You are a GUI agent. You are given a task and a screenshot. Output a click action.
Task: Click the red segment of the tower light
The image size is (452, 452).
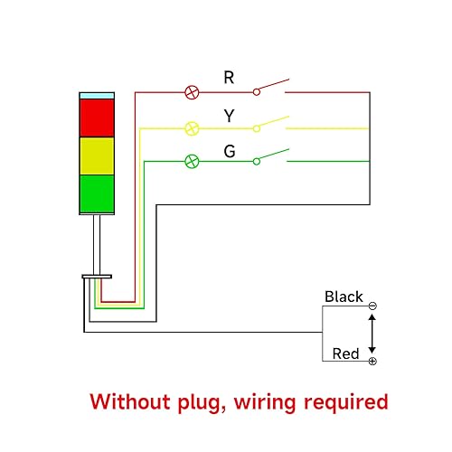coord(97,117)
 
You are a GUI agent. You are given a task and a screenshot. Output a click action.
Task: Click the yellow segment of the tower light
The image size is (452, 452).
coord(97,155)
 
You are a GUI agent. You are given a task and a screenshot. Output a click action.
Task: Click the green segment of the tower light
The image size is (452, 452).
coord(97,193)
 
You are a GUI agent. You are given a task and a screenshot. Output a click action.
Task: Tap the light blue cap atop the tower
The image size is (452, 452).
coord(97,95)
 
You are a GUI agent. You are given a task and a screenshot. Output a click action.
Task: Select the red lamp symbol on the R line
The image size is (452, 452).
coord(192,92)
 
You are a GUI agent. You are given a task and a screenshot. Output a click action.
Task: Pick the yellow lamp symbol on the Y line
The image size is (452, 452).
coord(192,127)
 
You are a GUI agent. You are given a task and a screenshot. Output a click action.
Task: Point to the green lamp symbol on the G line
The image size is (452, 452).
coord(192,162)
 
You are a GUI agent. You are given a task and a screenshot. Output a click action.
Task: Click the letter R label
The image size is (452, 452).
coord(229,79)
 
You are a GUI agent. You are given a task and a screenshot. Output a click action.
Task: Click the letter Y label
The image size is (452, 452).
coord(229,116)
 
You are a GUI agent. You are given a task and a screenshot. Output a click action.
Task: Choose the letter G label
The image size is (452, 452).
coord(230,151)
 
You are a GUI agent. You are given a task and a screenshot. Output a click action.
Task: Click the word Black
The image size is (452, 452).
coord(344,297)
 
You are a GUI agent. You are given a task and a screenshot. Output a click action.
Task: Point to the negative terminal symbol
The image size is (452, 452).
coord(372,306)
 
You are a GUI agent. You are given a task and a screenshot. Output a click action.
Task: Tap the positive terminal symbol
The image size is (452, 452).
coord(372,362)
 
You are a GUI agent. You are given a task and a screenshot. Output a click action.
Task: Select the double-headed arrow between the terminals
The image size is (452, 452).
coord(372,334)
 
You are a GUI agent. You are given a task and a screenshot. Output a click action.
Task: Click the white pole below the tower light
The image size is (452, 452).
coord(96,244)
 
